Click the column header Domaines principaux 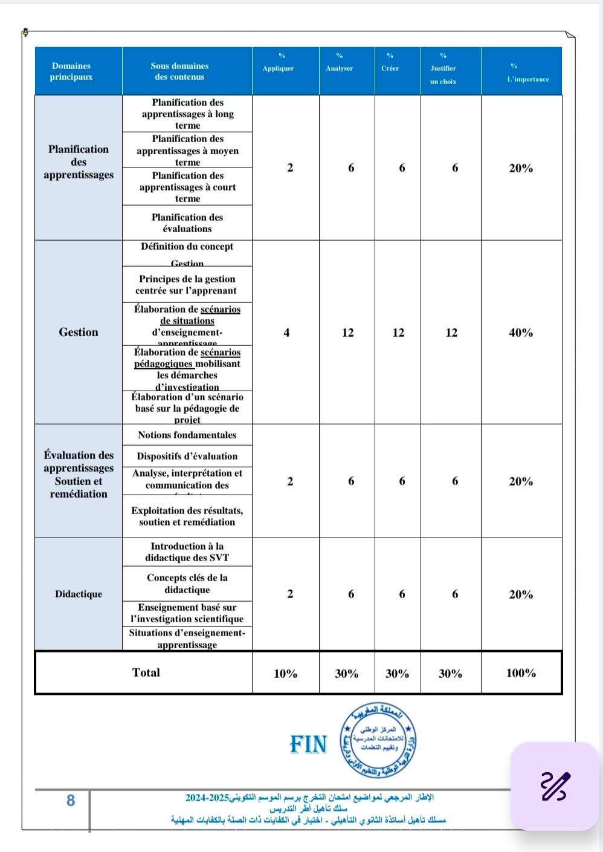point(71,71)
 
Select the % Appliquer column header point(279,68)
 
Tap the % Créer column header point(390,68)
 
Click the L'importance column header point(527,79)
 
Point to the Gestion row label point(79,332)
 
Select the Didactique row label point(79,594)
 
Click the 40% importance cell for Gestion point(521,333)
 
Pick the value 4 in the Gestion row point(286,333)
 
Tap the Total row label point(146,672)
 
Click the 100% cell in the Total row point(521,673)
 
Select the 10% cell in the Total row point(285,674)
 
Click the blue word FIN point(308,744)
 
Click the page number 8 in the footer point(71,801)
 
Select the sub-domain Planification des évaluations point(187,223)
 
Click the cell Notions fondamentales point(187,435)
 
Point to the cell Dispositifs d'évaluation point(187,456)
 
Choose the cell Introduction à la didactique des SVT point(187,551)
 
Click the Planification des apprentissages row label point(79,162)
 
